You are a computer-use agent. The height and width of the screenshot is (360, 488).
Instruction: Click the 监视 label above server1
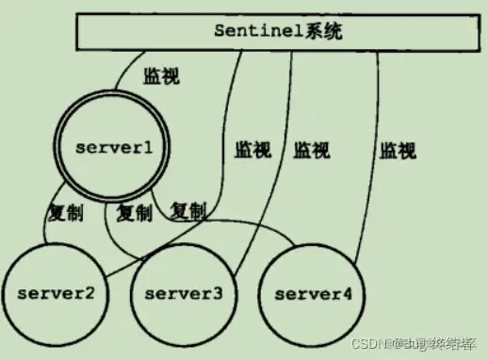click(x=160, y=76)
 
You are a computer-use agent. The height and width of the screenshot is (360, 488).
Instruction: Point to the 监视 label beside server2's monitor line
click(x=253, y=148)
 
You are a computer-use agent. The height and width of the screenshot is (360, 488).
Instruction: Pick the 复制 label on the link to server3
click(x=134, y=212)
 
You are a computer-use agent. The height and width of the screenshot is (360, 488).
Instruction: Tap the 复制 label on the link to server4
click(x=188, y=210)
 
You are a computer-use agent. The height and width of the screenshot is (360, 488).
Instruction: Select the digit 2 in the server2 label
click(x=89, y=292)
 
